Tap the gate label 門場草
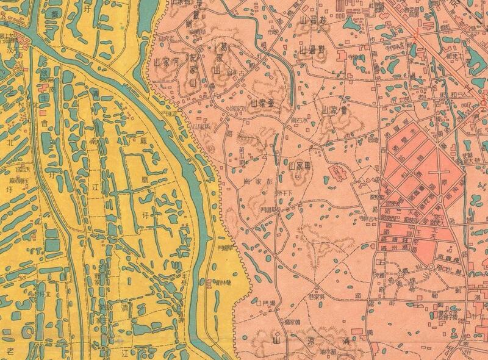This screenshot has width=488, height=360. [266, 303]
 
